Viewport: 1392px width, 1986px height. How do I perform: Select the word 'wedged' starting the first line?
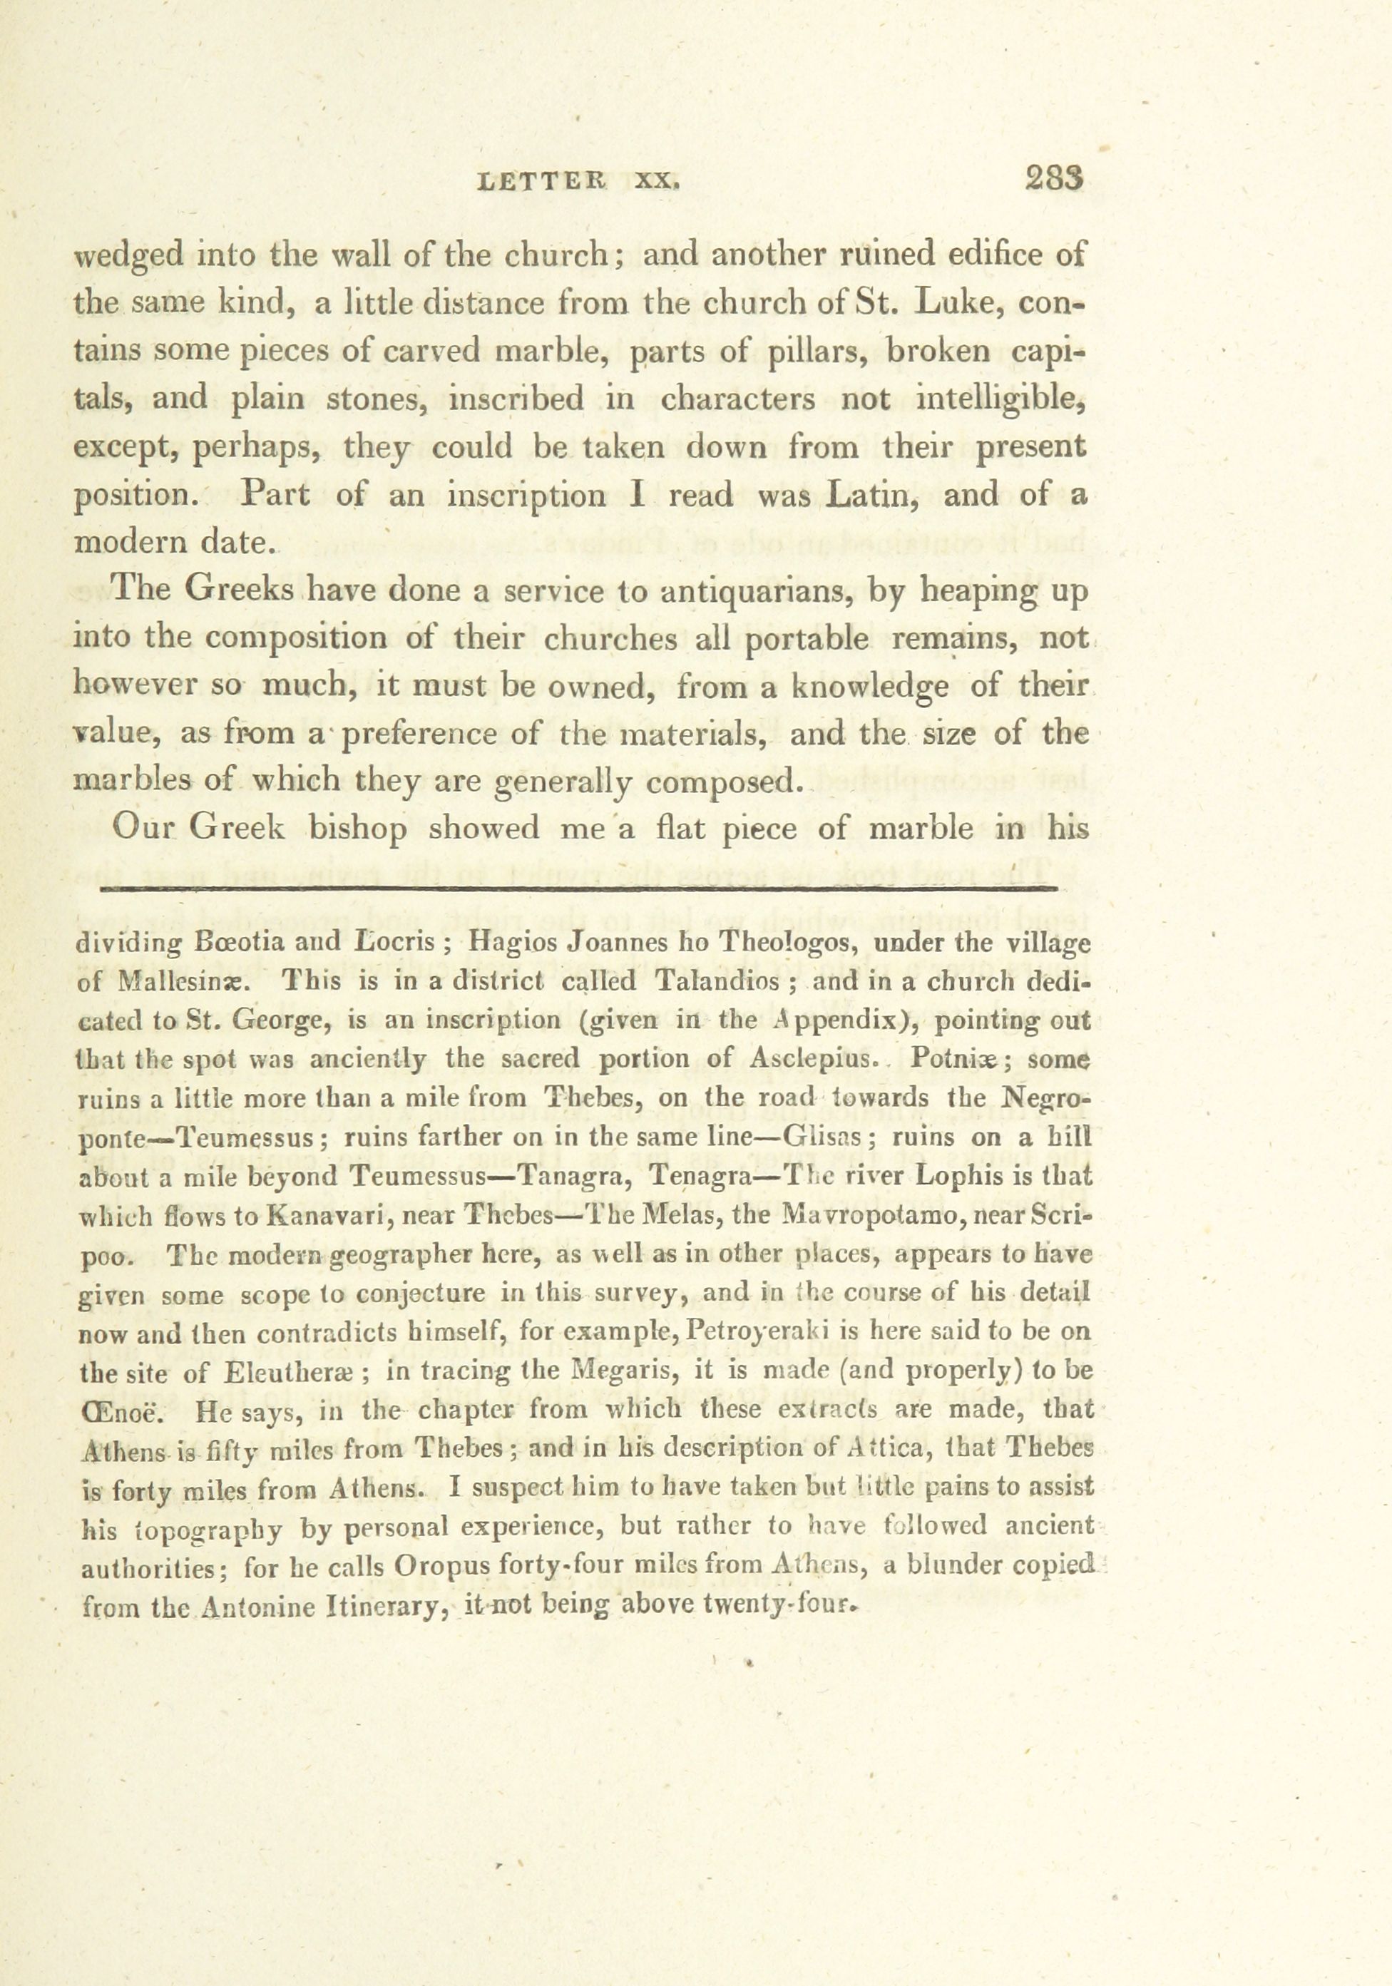[128, 256]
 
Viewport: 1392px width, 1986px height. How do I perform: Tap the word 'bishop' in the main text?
[358, 829]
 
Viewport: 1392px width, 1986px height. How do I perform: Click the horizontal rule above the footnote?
[580, 888]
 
